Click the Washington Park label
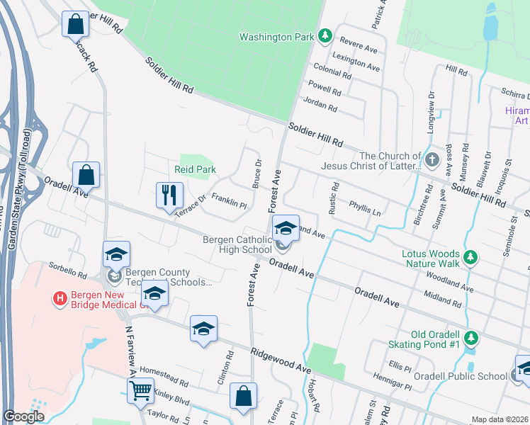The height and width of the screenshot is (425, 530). click(x=276, y=37)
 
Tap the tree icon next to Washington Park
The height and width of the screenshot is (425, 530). click(x=325, y=35)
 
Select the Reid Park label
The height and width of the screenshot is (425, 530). click(x=195, y=170)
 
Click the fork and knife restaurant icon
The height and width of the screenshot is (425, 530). click(x=169, y=194)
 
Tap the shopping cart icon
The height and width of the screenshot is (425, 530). click(x=141, y=390)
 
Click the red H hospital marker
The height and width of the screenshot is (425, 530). click(x=60, y=299)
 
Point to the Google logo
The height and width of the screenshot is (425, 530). click(x=23, y=416)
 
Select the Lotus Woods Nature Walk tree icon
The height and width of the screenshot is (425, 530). click(x=468, y=256)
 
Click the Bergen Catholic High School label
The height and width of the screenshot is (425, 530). click(x=237, y=244)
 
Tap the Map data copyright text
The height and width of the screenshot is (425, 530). click(x=500, y=419)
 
